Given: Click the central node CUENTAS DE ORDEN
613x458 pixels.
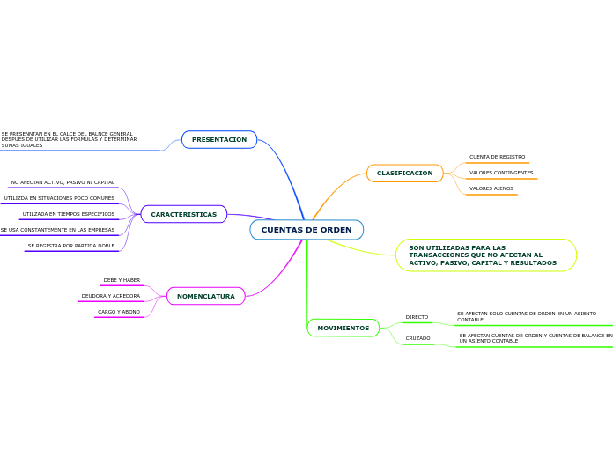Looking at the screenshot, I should pyautogui.click(x=306, y=230).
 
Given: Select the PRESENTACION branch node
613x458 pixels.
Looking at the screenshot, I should pyautogui.click(x=219, y=139).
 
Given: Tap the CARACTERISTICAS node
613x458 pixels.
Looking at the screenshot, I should pyautogui.click(x=183, y=214).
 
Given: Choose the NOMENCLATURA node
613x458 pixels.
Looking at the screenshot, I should pyautogui.click(x=205, y=296).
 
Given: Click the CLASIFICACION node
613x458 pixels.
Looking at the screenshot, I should pyautogui.click(x=404, y=173).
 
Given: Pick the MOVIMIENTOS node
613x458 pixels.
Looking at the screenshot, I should pyautogui.click(x=343, y=328).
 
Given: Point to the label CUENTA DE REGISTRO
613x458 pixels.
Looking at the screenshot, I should pyautogui.click(x=497, y=157).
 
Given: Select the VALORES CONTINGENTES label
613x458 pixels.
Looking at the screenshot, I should pyautogui.click(x=501, y=173).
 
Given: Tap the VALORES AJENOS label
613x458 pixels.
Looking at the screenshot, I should pyautogui.click(x=491, y=188).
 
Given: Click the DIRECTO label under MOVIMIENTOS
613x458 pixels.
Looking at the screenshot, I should pyautogui.click(x=417, y=317).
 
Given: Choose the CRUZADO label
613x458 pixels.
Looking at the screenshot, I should pyautogui.click(x=417, y=338).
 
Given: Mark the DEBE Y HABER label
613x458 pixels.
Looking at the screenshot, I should pyautogui.click(x=122, y=280).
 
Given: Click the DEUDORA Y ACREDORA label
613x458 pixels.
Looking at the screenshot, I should pyautogui.click(x=110, y=296).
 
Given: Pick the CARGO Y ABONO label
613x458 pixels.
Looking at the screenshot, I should pyautogui.click(x=118, y=312).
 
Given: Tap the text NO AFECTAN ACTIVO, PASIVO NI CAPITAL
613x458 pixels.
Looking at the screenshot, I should pyautogui.click(x=63, y=182).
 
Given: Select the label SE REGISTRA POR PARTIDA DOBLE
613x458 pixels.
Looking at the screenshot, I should pyautogui.click(x=70, y=246).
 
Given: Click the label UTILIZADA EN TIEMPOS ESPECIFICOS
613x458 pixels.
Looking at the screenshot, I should pyautogui.click(x=69, y=214).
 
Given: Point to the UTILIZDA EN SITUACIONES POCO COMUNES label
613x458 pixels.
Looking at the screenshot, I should pyautogui.click(x=59, y=198).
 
